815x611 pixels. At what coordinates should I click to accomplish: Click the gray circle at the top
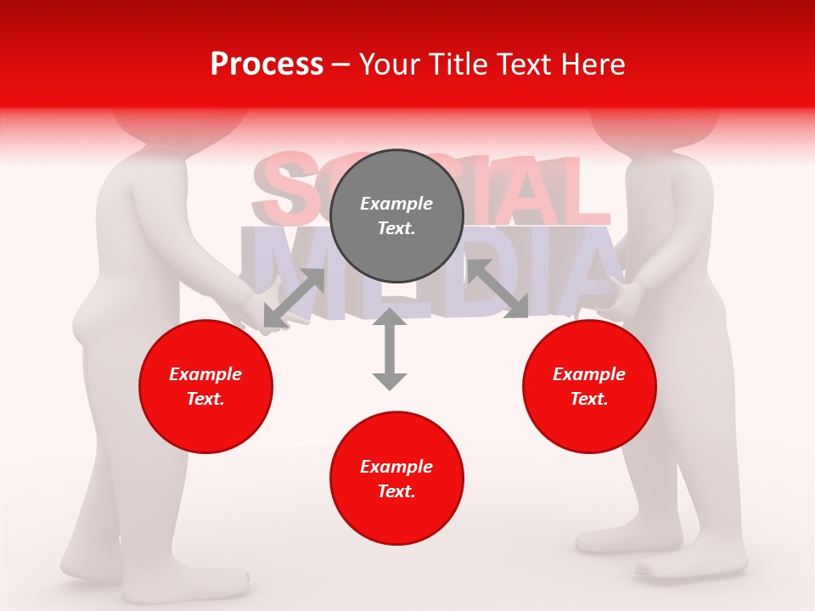tap(396, 216)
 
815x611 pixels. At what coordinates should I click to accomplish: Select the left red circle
tap(205, 386)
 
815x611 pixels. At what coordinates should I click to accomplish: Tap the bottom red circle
tap(396, 479)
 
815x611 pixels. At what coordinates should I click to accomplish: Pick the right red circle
tap(589, 386)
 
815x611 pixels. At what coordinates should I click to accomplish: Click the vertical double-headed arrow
tap(390, 349)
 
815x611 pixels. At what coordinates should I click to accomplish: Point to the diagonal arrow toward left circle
tap(294, 298)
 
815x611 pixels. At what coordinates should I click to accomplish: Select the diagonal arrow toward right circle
tap(498, 289)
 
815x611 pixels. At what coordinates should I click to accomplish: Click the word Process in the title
tap(267, 64)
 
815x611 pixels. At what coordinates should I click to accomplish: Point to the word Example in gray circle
tap(396, 204)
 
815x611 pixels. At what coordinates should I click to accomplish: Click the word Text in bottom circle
tap(396, 491)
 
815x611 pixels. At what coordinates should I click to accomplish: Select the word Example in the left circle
tap(205, 374)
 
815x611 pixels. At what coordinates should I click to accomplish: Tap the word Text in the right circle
tap(589, 399)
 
